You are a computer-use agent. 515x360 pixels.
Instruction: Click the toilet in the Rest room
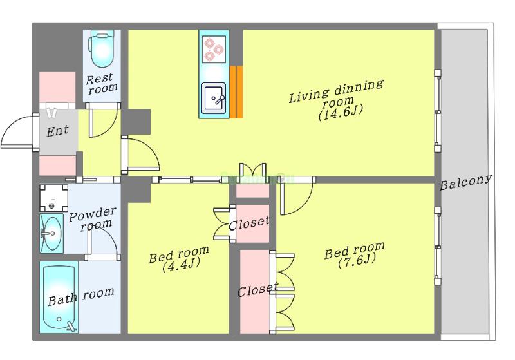click(x=102, y=50)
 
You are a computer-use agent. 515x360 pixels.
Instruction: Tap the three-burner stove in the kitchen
click(x=214, y=50)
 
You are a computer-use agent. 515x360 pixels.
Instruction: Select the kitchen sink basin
click(x=214, y=99)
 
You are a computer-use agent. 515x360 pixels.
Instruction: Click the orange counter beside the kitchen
click(x=236, y=92)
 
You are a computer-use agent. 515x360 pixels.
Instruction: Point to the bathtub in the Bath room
click(x=59, y=298)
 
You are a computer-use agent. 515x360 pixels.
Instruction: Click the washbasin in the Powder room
click(x=51, y=234)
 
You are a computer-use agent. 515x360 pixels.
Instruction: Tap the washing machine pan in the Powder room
click(x=54, y=198)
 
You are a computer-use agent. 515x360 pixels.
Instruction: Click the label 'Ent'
click(x=58, y=131)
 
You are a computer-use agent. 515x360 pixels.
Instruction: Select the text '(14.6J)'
click(x=341, y=113)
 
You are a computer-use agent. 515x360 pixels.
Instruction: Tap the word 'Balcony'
click(x=465, y=182)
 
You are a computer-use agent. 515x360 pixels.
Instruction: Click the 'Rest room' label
click(x=102, y=84)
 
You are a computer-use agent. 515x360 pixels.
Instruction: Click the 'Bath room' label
click(x=81, y=296)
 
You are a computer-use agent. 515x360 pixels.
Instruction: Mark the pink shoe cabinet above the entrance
click(x=57, y=88)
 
